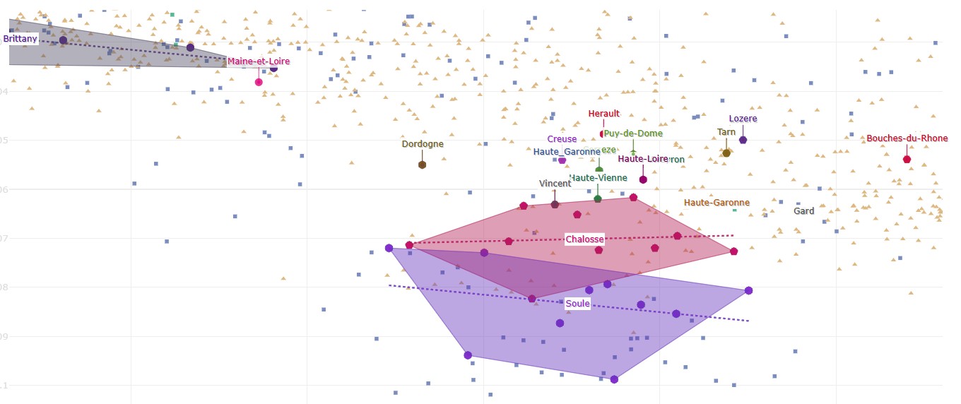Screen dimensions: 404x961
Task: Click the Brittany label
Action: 20,39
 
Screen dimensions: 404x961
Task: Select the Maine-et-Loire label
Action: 258,61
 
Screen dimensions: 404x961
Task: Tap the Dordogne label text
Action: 423,144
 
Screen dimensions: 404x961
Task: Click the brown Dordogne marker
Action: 422,165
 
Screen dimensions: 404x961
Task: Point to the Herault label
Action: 603,114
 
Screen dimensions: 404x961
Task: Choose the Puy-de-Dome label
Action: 633,133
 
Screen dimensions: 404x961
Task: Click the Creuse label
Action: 562,139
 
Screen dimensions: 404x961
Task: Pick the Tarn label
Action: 726,132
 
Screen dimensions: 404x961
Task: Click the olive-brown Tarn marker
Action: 726,153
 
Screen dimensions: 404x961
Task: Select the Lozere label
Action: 743,119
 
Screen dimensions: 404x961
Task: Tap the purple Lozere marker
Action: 743,140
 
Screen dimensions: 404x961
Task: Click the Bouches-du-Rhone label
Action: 907,138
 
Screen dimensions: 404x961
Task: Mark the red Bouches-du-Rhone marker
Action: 907,159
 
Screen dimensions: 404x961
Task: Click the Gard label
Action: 803,211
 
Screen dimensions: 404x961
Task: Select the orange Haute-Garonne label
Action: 717,203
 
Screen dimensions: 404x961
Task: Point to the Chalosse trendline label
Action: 584,239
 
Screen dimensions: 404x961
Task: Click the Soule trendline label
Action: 577,304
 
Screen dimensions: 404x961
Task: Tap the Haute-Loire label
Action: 642,159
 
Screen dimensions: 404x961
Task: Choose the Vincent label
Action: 555,184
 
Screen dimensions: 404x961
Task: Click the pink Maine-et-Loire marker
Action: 259,82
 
